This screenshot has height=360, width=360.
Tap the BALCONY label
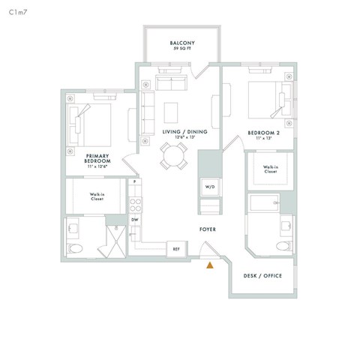(182, 43)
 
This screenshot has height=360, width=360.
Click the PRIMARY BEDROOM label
(97, 158)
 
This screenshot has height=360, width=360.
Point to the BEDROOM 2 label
(263, 133)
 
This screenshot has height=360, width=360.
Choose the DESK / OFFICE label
(263, 276)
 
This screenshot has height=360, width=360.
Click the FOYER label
(208, 229)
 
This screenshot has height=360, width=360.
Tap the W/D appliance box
(208, 186)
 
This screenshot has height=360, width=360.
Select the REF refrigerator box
(176, 248)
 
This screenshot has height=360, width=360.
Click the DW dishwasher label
(135, 219)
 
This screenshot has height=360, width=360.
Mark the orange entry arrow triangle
(211, 263)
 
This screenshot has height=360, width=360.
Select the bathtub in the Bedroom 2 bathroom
(262, 203)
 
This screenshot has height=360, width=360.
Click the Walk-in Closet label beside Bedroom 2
(270, 169)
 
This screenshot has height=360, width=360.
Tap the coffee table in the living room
(172, 110)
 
